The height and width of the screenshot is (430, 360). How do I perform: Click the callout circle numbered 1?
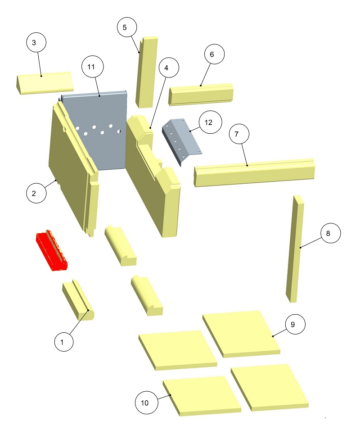[64, 342]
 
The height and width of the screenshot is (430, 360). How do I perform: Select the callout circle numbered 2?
[36, 193]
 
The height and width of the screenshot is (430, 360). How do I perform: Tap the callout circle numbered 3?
[36, 42]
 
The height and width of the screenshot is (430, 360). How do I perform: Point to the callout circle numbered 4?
[168, 68]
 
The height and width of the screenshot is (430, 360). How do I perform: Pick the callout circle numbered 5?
[127, 27]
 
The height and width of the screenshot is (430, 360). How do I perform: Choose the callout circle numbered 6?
[214, 54]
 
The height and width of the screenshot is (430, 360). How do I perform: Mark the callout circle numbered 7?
[239, 134]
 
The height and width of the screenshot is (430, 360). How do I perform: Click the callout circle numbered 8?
[331, 233]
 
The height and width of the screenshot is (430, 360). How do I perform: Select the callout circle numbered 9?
[295, 324]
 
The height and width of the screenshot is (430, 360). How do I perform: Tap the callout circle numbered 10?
[147, 403]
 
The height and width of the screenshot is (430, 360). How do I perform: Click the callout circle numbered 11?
[93, 67]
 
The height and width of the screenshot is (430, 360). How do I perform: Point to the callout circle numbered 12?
[211, 122]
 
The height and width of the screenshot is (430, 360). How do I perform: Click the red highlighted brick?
[52, 250]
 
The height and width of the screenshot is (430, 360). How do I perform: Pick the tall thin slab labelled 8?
[295, 249]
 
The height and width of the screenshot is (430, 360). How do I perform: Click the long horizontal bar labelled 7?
[254, 172]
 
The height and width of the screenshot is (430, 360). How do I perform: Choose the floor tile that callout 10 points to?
[202, 396]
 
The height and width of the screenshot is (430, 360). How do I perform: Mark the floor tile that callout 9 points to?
[241, 334]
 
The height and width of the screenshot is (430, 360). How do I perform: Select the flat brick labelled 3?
[44, 83]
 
